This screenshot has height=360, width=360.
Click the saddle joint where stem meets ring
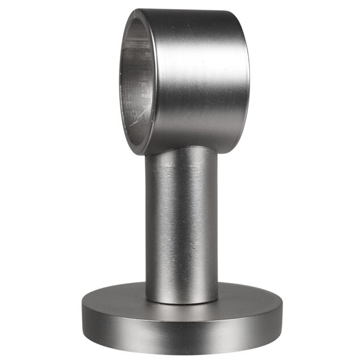182,149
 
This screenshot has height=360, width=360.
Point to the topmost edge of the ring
187,10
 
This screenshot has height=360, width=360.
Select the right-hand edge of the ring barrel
249,79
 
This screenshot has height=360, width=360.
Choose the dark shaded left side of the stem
150,227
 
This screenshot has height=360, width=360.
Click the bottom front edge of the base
182,350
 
